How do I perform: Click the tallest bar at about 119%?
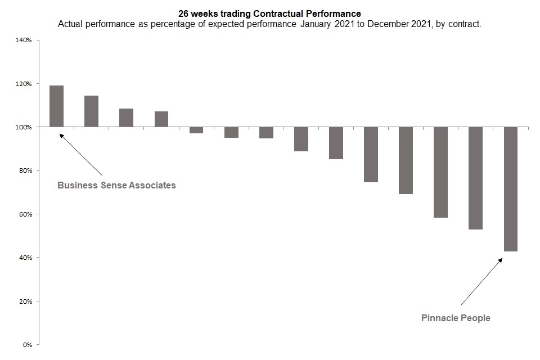click(x=56, y=106)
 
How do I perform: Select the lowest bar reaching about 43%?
click(x=510, y=189)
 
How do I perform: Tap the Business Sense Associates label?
click(x=116, y=185)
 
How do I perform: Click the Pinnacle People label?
click(x=456, y=318)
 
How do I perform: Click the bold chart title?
click(x=269, y=13)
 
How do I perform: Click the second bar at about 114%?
click(x=91, y=111)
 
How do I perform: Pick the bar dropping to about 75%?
click(x=371, y=155)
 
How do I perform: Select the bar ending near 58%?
click(x=440, y=172)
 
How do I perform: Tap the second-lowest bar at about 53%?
click(x=475, y=178)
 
